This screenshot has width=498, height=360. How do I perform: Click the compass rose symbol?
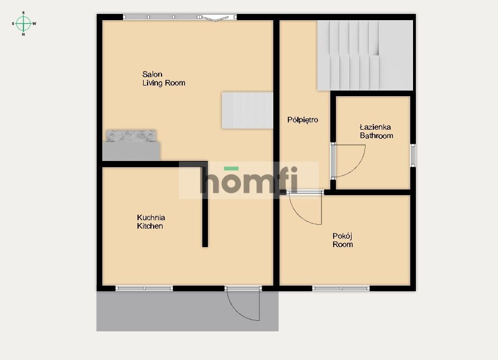23,23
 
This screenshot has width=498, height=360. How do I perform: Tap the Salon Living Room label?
164,78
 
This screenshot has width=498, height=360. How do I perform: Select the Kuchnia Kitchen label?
151,222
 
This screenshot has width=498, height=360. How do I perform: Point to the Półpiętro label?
302,120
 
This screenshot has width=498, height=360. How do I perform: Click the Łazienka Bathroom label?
376,131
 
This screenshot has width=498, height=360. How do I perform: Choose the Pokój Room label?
343,240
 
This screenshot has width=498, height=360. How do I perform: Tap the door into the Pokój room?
306,208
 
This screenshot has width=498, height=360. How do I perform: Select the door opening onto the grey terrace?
243,304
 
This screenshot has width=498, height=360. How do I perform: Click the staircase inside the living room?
247,110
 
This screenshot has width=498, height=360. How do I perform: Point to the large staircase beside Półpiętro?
365,55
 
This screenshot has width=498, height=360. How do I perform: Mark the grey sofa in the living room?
131,145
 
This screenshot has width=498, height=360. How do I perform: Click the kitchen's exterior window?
144,288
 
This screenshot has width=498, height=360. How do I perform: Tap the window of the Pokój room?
341,288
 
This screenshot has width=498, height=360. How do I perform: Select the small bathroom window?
412,155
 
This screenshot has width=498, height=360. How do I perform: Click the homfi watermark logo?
249,180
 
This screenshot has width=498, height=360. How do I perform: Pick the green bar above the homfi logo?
231,169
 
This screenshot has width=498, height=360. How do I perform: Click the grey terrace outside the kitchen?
187,311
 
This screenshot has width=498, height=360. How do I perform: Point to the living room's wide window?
180,17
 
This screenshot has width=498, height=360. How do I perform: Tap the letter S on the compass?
23,13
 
